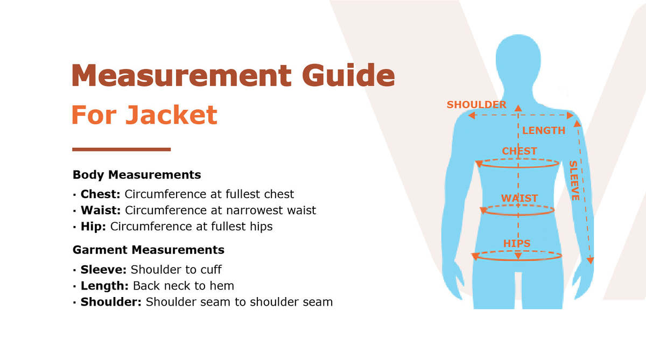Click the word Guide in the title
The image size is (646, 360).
coord(348,75)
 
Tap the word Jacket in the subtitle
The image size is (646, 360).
coord(171,115)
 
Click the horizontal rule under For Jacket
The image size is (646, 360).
coord(122,149)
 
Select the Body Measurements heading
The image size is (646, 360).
coord(137,175)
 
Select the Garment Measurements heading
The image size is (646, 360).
coord(149,250)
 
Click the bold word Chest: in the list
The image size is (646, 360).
coord(100,194)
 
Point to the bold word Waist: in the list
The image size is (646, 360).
coord(101,210)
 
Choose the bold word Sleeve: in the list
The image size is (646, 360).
coord(103,270)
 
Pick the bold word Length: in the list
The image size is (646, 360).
coord(104,286)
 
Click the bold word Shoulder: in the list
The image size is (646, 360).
coord(111,302)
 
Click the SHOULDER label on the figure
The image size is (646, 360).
coord(476,104)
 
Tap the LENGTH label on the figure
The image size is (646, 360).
coord(544,131)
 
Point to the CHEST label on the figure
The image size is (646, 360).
coord(519,151)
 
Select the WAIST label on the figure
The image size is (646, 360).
coord(519,199)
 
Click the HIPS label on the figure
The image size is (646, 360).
coord(517,244)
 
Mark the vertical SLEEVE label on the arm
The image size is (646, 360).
coord(574,181)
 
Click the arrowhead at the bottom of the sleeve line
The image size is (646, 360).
coord(590,260)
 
